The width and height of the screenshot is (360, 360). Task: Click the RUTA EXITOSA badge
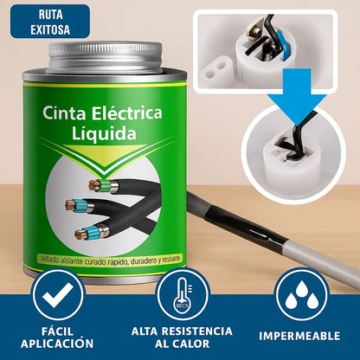[x=50, y=22]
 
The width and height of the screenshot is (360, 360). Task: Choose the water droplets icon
[x=299, y=295]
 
